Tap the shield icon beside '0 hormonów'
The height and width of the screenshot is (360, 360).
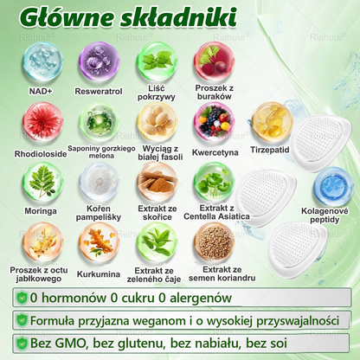(21, 297)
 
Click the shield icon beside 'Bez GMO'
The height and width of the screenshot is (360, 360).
(21, 344)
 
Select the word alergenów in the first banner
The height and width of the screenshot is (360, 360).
(200, 297)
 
